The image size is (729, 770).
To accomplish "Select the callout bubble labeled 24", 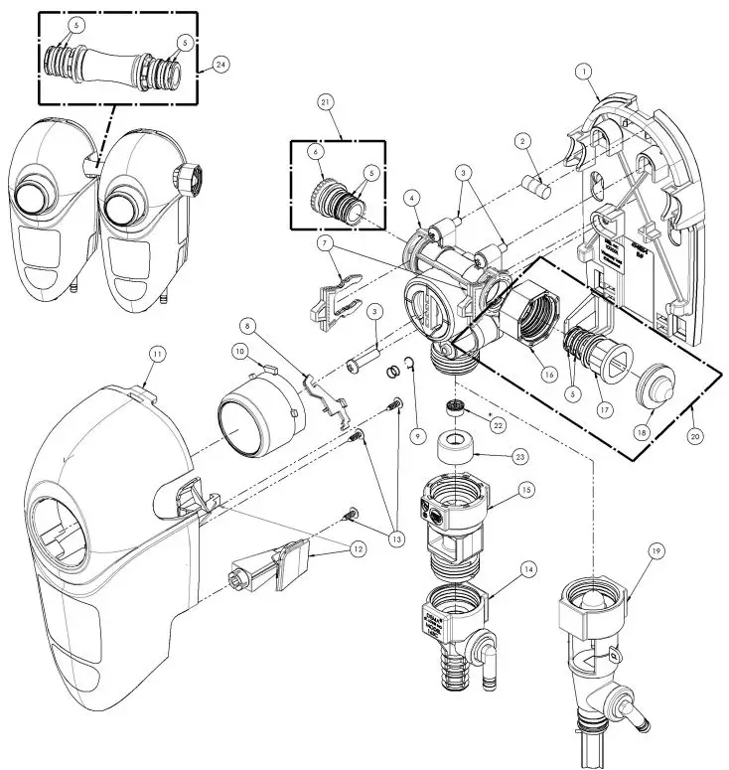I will pyautogui.click(x=219, y=65).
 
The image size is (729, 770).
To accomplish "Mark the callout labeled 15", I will pyautogui.click(x=527, y=490).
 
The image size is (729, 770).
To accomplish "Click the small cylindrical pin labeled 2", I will pyautogui.click(x=536, y=186).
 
